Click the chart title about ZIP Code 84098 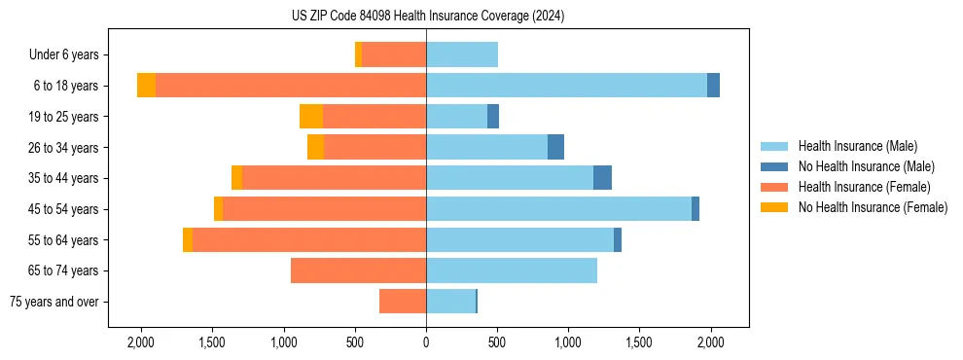pyautogui.click(x=427, y=17)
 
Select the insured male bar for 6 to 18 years pyautogui.click(x=566, y=86)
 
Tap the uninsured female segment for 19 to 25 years pyautogui.click(x=311, y=117)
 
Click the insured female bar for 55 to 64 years pyautogui.click(x=309, y=240)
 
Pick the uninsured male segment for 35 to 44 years pyautogui.click(x=602, y=178)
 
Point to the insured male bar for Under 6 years pyautogui.click(x=462, y=54)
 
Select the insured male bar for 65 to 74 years pyautogui.click(x=512, y=270)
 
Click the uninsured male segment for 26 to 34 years pyautogui.click(x=555, y=147)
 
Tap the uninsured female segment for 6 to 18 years pyautogui.click(x=146, y=86)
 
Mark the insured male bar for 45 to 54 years pyautogui.click(x=558, y=209)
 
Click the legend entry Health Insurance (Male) pyautogui.click(x=857, y=146)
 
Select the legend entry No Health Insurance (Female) pyautogui.click(x=873, y=207)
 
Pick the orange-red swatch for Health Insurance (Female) pyautogui.click(x=774, y=187)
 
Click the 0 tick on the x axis pyautogui.click(x=426, y=343)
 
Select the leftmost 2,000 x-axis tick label pyautogui.click(x=141, y=343)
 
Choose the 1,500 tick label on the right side pyautogui.click(x=639, y=343)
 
